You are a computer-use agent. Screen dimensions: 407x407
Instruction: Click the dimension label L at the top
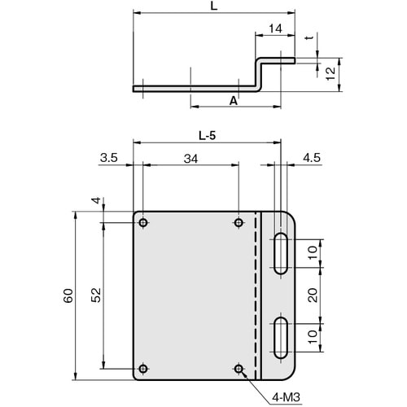[x=213, y=6]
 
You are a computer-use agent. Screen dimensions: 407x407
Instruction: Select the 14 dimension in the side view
[x=275, y=28]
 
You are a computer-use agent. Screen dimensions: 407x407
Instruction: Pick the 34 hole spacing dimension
[x=190, y=160]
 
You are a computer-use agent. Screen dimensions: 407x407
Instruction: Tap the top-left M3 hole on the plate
[x=143, y=223]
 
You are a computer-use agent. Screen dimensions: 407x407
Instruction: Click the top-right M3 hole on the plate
[x=239, y=223]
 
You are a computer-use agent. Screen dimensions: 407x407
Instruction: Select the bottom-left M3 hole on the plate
[x=143, y=369]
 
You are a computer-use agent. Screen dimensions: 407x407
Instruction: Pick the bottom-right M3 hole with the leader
[x=239, y=369]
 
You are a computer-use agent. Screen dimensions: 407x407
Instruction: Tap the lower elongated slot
[x=281, y=337]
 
